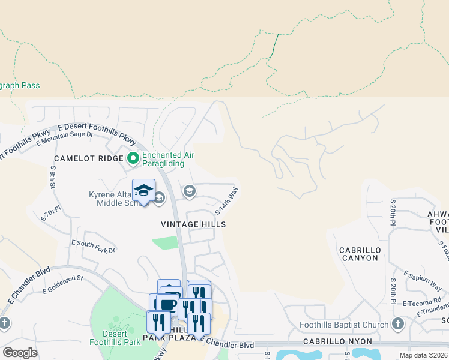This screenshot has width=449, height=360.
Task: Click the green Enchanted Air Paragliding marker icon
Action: (x=133, y=159)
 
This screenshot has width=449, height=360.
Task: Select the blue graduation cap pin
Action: (x=143, y=191)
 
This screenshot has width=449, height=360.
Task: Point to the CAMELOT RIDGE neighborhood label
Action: (x=88, y=158)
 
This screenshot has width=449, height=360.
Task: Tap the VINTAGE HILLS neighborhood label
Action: (x=193, y=224)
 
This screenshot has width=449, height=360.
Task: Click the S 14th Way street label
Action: (x=227, y=200)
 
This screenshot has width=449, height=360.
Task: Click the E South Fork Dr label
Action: (x=93, y=246)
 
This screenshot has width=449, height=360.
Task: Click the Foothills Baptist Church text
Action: (x=344, y=325)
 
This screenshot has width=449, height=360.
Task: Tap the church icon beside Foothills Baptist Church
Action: (x=397, y=325)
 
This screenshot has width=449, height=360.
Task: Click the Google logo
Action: (x=20, y=353)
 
